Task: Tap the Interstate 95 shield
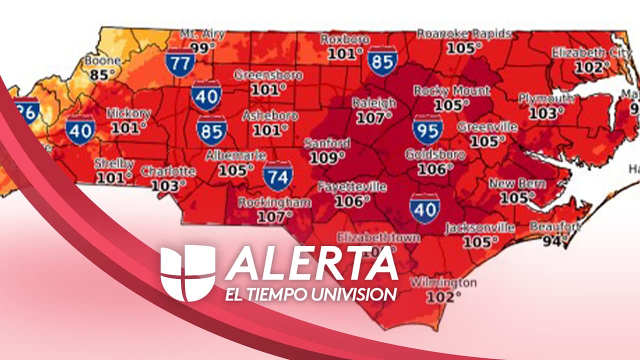click(x=427, y=129)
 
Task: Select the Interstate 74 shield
click(x=277, y=176)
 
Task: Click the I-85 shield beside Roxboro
click(x=382, y=60)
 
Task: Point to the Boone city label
click(x=102, y=61)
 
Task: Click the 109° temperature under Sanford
click(x=327, y=157)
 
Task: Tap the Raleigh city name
click(x=374, y=103)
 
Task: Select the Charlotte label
click(x=168, y=171)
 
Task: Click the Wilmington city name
click(x=443, y=282)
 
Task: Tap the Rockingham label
click(x=274, y=203)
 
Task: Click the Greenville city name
click(x=487, y=127)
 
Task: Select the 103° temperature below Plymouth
click(x=543, y=113)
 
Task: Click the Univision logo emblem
click(x=187, y=272)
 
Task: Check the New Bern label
click(x=517, y=183)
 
